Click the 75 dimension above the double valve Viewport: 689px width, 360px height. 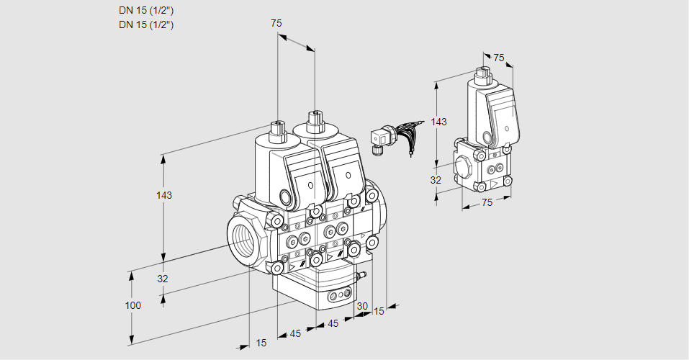276,24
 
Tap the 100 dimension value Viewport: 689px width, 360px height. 132,305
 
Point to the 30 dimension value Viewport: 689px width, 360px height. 361,306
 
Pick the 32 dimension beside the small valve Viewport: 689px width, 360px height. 436,180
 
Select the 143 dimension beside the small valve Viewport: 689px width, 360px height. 439,122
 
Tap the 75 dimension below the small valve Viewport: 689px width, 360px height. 487,202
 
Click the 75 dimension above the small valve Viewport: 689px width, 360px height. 498,58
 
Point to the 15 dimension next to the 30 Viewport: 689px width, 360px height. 379,311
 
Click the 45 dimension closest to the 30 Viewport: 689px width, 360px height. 333,323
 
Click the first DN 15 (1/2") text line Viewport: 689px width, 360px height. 146,10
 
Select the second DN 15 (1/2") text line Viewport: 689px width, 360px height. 146,24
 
